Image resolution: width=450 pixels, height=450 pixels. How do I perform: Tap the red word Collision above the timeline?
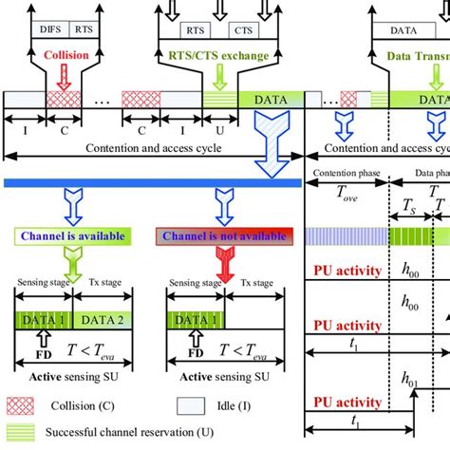point(66,55)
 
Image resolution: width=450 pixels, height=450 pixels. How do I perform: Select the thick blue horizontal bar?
point(152,181)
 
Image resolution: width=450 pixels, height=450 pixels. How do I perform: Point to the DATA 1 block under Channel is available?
point(43,321)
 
